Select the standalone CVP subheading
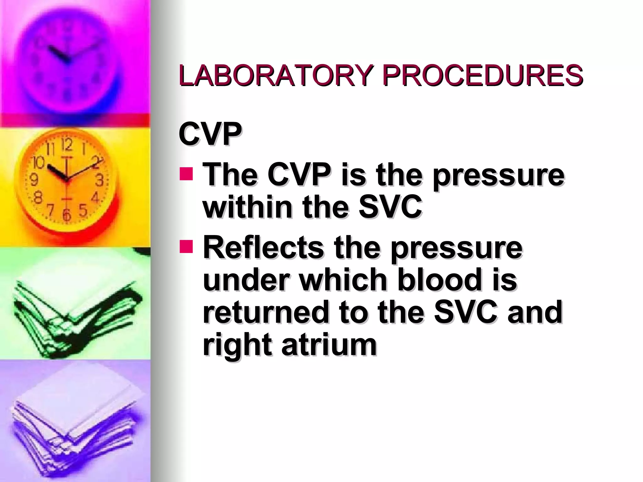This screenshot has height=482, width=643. click(210, 135)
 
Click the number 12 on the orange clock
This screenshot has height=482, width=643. click(67, 145)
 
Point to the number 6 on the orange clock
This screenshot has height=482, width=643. click(66, 215)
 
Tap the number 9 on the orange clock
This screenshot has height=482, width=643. click(34, 180)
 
